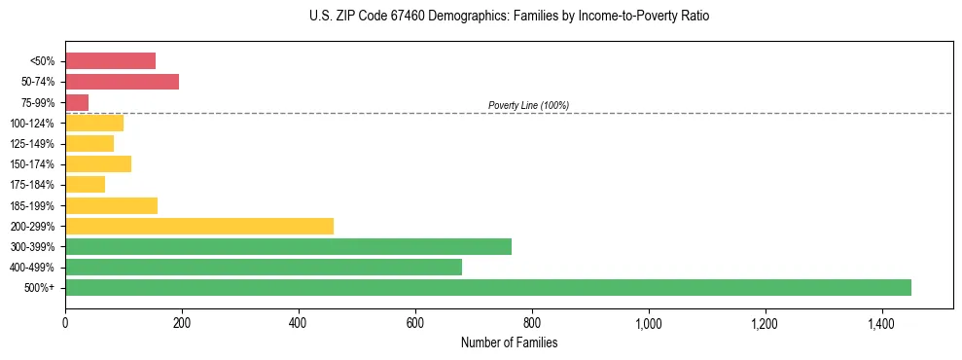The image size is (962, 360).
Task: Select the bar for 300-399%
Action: (x=288, y=246)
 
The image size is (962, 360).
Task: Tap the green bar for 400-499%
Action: (x=264, y=267)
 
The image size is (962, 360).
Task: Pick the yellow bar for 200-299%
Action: (x=199, y=226)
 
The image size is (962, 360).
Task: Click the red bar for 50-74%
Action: (x=122, y=82)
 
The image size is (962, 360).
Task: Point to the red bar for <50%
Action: (x=110, y=61)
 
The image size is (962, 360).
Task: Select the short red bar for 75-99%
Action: (x=77, y=102)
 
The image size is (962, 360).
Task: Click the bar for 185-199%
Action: (x=111, y=205)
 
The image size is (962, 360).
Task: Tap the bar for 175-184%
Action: (x=85, y=184)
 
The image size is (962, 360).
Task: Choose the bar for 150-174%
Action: (x=98, y=163)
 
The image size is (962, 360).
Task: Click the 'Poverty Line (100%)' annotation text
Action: (x=528, y=105)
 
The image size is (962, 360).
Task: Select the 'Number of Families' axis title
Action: (x=509, y=342)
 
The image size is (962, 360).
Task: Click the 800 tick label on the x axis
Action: (x=532, y=323)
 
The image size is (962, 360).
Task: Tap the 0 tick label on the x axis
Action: (x=65, y=323)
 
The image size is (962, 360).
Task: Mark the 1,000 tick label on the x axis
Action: (x=648, y=323)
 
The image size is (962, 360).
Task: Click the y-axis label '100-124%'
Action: (x=32, y=124)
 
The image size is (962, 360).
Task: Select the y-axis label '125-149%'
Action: (x=32, y=144)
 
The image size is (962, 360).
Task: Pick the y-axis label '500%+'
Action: (x=40, y=288)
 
